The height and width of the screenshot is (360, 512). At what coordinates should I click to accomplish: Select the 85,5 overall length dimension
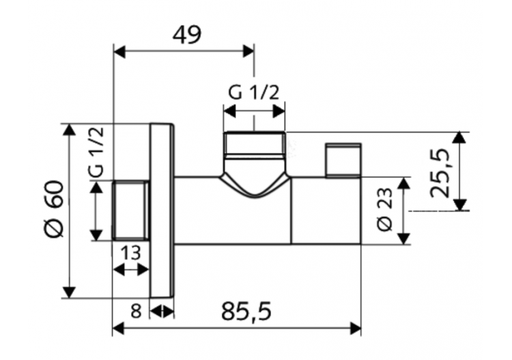pyautogui.click(x=246, y=311)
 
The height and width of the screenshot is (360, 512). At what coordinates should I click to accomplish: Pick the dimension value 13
pyautogui.click(x=130, y=253)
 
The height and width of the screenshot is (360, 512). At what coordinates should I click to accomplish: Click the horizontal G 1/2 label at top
pyautogui.click(x=255, y=92)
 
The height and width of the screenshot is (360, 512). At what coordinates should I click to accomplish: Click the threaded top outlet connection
pyautogui.click(x=254, y=145)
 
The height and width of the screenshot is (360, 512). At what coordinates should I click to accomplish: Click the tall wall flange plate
pyautogui.click(x=162, y=210)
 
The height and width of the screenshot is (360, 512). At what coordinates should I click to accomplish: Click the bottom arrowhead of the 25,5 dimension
pyautogui.click(x=461, y=204)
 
